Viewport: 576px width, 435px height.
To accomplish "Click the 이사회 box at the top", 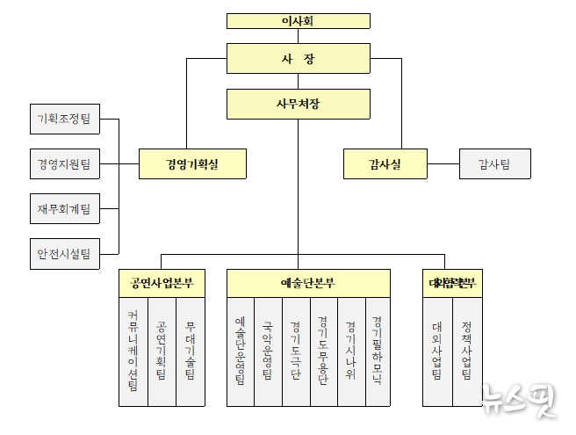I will click(x=298, y=21).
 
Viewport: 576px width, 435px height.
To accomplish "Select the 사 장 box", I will click(x=298, y=59).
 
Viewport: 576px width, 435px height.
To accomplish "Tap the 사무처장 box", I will click(x=298, y=104).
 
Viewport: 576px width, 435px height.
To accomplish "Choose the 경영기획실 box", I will click(x=192, y=163).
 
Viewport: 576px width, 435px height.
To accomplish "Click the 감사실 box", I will click(x=385, y=163).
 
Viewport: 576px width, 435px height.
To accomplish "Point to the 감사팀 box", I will click(x=493, y=163).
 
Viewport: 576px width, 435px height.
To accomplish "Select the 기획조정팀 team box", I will click(x=64, y=119).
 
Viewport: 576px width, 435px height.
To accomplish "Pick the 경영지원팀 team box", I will click(x=64, y=163).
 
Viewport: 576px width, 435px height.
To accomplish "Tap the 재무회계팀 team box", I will click(x=64, y=209).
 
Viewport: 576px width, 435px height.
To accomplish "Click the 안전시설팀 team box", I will click(x=64, y=254).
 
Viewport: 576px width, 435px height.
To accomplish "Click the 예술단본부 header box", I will click(x=308, y=283).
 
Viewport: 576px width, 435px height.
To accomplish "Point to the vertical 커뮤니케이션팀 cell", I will click(x=133, y=352).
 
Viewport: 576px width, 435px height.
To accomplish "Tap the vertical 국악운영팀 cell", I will click(x=268, y=352).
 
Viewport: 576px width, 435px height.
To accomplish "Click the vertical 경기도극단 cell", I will click(x=296, y=352).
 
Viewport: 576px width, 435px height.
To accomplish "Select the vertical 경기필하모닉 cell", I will click(x=378, y=352).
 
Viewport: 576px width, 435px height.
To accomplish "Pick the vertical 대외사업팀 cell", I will click(x=436, y=352).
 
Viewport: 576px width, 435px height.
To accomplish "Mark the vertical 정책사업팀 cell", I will click(x=465, y=352).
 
